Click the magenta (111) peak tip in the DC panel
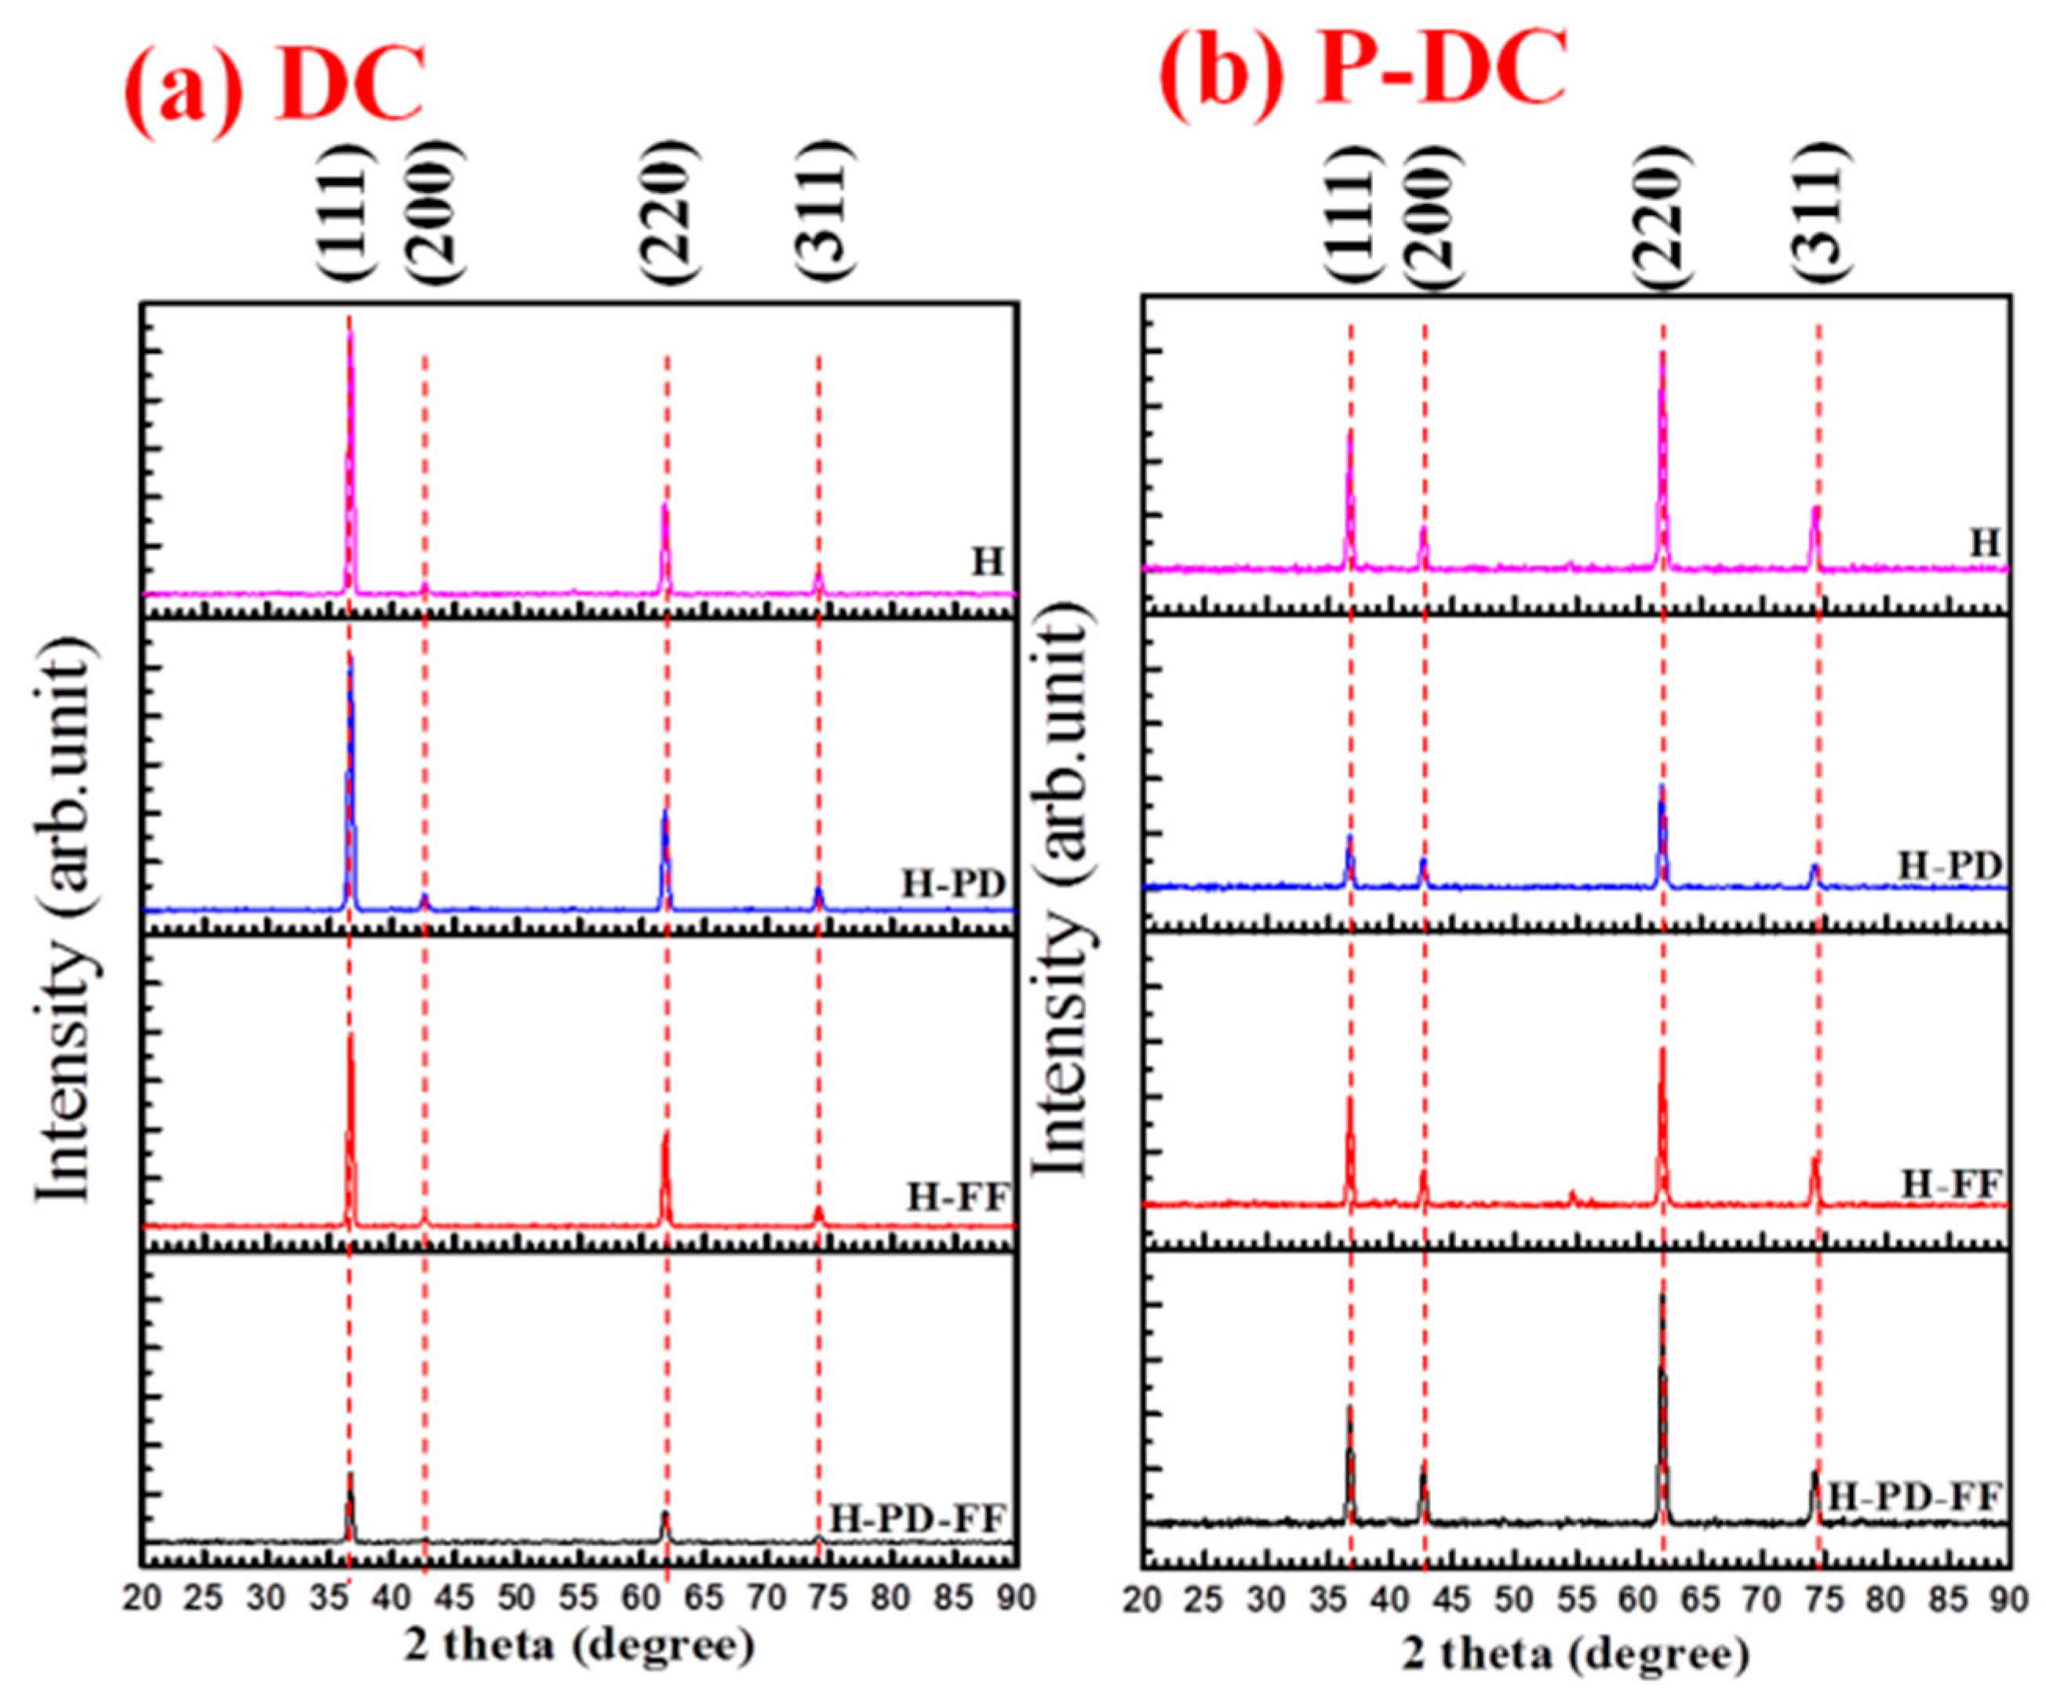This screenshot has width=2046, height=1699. (x=350, y=333)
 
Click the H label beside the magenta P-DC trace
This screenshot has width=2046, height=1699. (x=1985, y=544)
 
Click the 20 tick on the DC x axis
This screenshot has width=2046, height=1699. (x=144, y=1599)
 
